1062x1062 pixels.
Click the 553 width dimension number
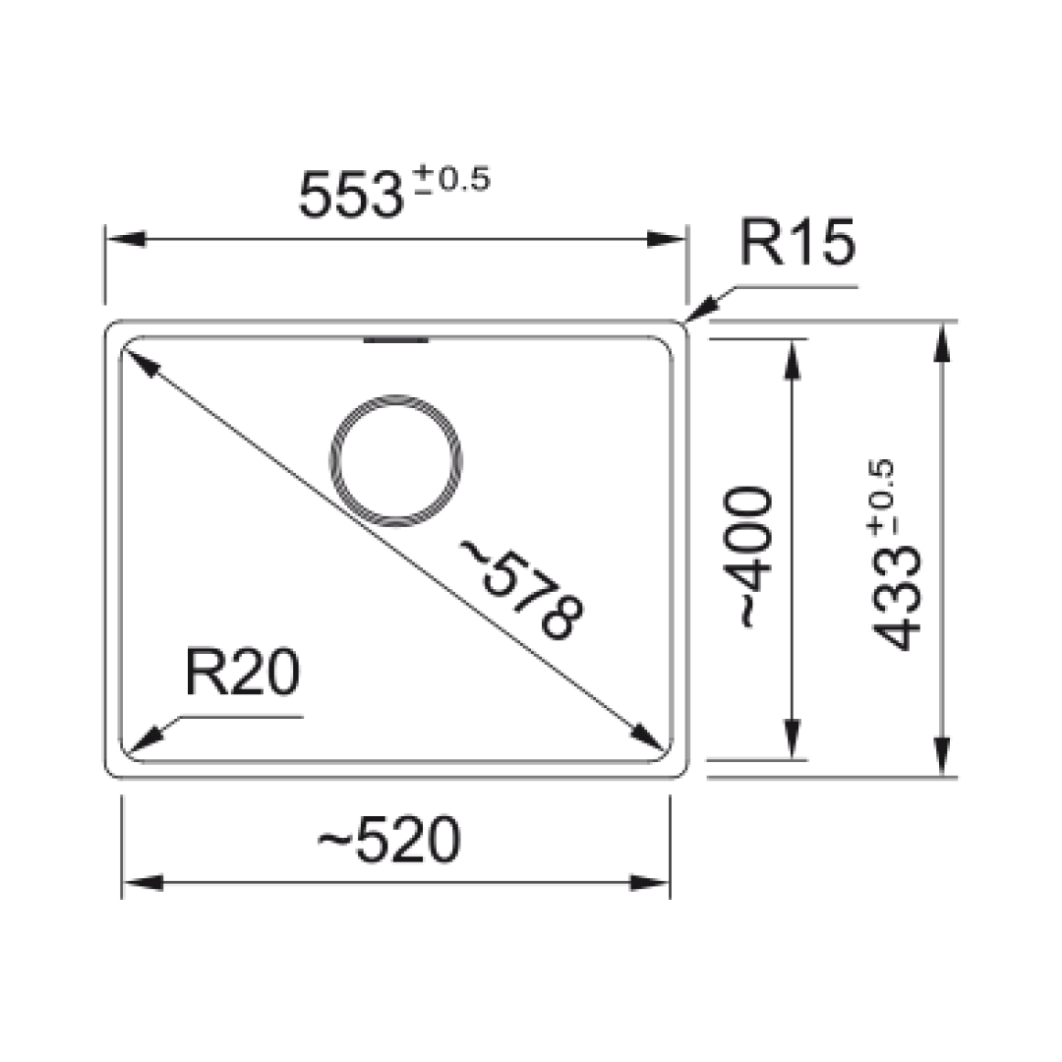coord(349,195)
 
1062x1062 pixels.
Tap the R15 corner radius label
coord(796,245)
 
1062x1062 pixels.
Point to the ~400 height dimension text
coord(751,556)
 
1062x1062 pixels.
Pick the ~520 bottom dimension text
coord(389,842)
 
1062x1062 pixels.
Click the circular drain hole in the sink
coord(395,460)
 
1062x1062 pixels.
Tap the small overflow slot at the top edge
coord(396,341)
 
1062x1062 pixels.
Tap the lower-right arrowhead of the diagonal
coord(648,739)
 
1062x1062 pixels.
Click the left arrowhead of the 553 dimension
coord(124,240)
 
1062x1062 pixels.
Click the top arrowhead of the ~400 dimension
coord(792,356)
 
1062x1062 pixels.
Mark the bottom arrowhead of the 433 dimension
coord(942,757)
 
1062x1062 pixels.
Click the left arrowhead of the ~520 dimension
coord(142,882)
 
